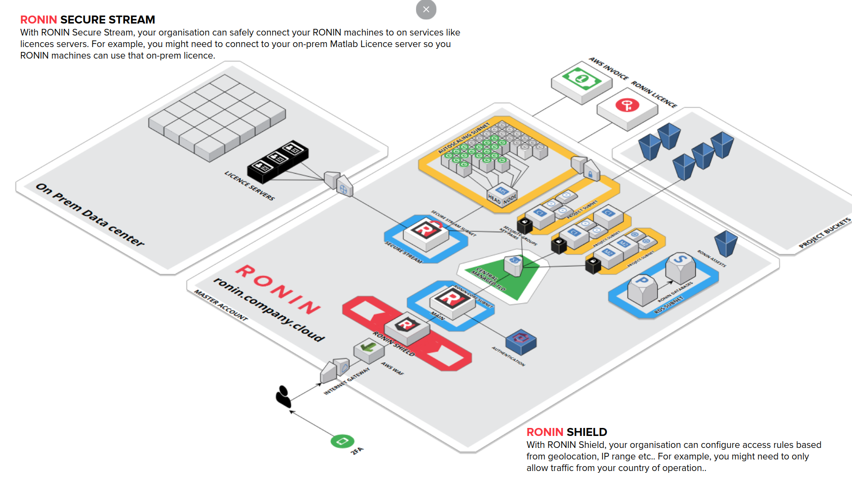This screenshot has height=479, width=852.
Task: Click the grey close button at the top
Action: coord(426,9)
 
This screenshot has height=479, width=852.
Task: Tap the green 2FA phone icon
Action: coord(342,441)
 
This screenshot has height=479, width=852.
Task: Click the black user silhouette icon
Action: coord(283,396)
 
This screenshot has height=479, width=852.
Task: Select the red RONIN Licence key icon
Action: coord(627,105)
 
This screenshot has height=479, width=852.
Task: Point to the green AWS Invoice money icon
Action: coord(582,79)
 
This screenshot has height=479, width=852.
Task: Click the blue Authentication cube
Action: coord(521,342)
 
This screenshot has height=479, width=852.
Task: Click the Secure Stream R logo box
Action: coord(426,231)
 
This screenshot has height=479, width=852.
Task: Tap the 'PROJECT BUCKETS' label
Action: coord(824,233)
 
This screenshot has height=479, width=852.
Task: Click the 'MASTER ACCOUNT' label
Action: coord(221,305)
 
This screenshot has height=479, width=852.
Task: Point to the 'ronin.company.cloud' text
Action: coord(269,309)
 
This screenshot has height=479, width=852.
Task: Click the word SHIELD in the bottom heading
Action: coord(586,432)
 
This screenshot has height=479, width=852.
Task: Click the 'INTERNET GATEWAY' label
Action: coord(346,381)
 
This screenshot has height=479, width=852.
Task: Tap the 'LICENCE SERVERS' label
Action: coord(250,186)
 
